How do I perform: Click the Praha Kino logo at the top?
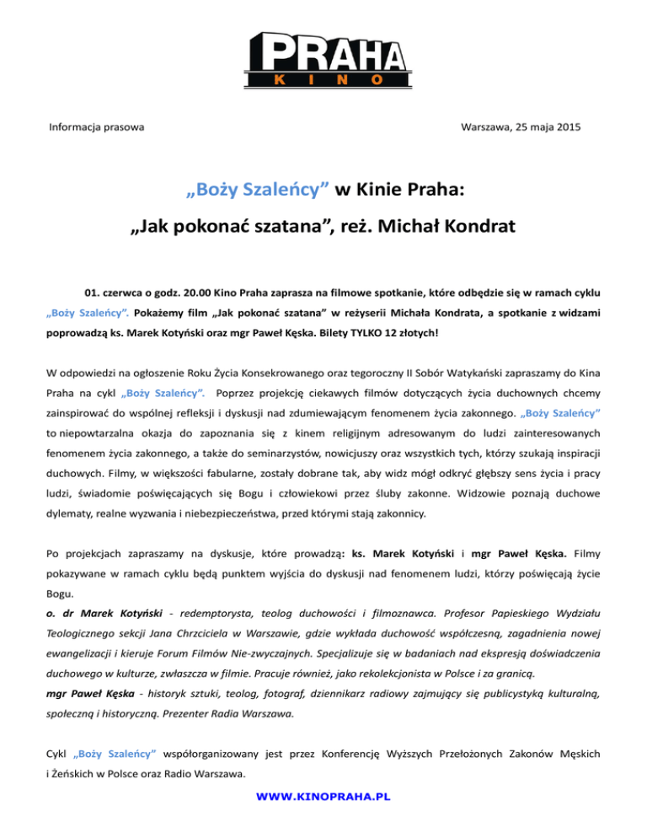[323, 56]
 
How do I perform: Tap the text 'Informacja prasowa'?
[95, 127]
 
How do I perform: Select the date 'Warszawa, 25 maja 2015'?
[521, 127]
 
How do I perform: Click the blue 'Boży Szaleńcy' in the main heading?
[258, 190]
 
